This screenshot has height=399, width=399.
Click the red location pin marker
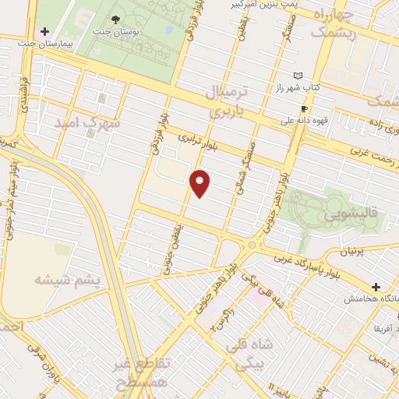coord(201,182)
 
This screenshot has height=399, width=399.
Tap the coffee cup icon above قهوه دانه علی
coord(304,108)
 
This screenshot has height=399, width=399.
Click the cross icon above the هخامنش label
coord(376,288)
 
